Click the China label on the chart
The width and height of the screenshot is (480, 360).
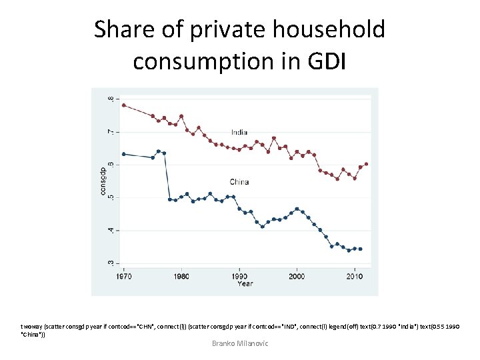coord(239,181)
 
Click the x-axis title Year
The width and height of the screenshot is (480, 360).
coord(245,283)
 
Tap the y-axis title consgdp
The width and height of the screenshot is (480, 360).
coord(103,181)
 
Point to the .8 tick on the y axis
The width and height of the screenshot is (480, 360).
coord(111,99)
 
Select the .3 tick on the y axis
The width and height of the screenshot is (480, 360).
coord(111,262)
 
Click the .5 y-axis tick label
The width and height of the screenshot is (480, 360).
coord(111,197)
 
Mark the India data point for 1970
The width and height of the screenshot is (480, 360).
coord(123,105)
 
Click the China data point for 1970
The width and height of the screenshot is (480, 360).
coord(123,154)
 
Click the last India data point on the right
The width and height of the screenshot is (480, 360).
coord(367,164)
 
